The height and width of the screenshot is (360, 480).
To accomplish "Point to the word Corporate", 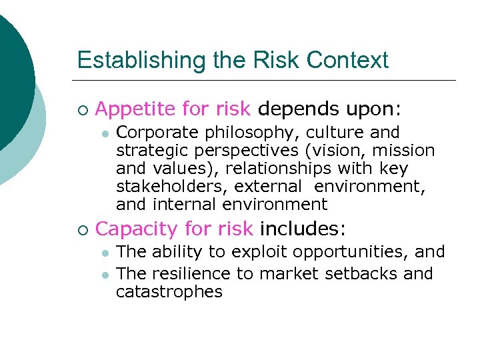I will [151, 133].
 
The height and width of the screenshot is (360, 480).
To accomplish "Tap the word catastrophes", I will [169, 292].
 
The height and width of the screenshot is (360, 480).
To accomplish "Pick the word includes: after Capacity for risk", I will [303, 229].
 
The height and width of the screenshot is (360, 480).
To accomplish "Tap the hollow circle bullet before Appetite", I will [82, 109].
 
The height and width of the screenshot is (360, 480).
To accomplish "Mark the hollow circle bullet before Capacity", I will [82, 230].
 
